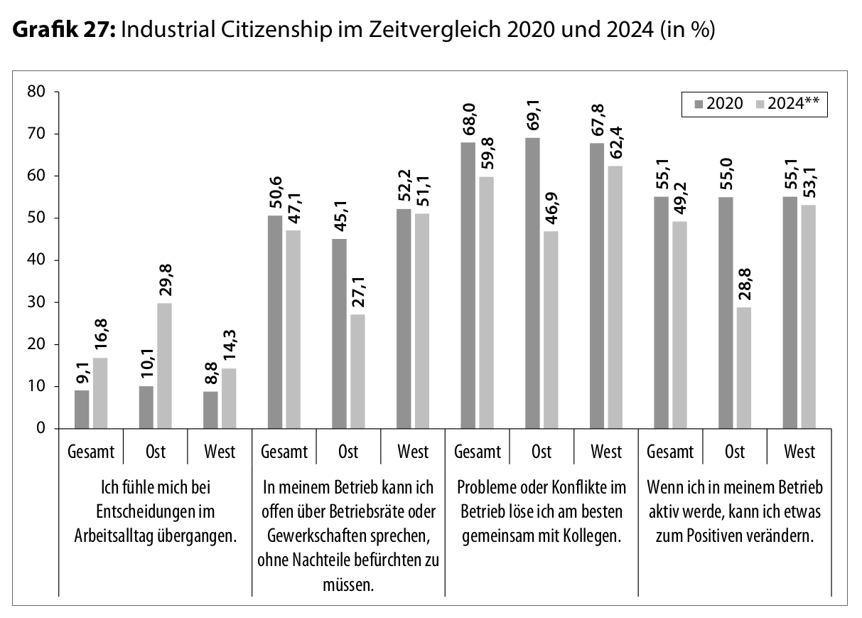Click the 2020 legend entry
point(718,104)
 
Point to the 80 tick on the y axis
point(37,92)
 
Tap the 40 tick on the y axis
point(37,260)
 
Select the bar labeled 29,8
point(163,366)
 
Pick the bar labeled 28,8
point(743,368)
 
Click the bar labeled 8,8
point(211,410)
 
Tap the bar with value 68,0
point(467,285)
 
